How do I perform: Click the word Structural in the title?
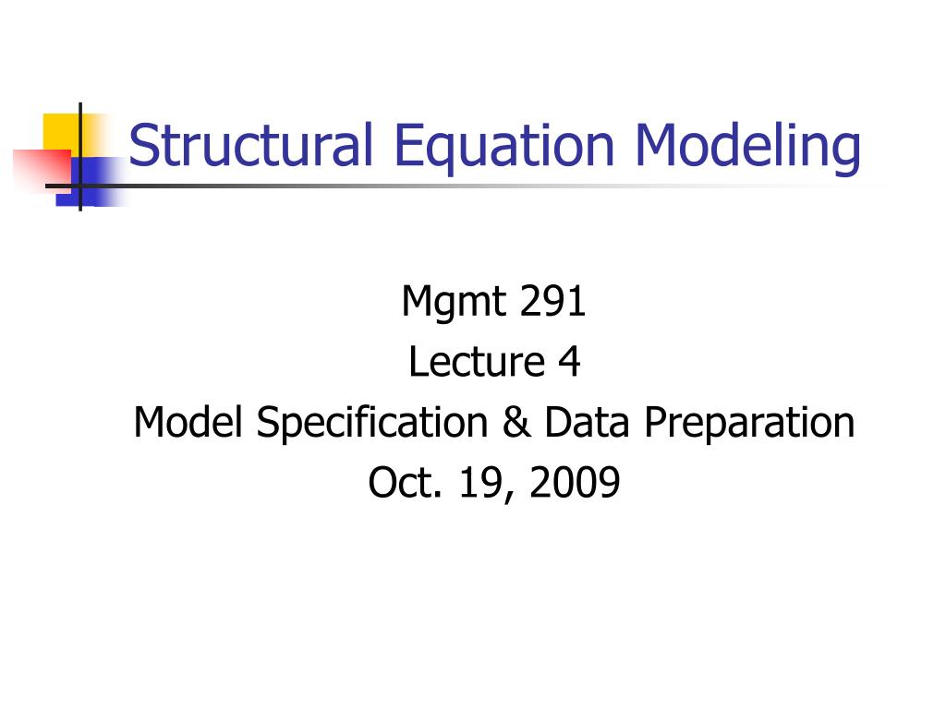[x=250, y=146]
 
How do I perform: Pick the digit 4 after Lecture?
[x=568, y=362]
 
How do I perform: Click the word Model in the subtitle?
[x=188, y=423]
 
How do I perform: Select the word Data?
[x=588, y=423]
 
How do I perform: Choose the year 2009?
[x=575, y=483]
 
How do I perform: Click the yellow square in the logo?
[x=60, y=129]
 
